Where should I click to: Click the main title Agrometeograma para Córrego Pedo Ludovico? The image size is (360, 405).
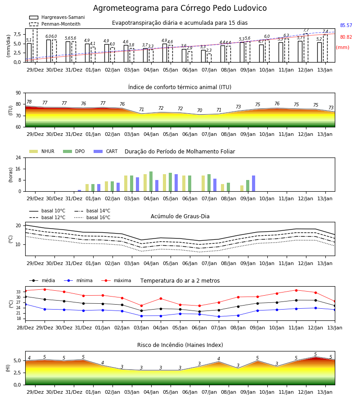pos(180,8)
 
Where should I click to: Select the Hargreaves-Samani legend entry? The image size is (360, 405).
pos(57,17)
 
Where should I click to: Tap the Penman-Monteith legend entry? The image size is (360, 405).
pos(55,24)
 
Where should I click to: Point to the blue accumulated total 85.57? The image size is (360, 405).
pos(346,25)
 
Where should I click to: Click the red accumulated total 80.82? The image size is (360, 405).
pos(346,37)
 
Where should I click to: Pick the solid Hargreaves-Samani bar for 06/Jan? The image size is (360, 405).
pos(184,55)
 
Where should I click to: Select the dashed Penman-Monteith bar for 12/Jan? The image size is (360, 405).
pos(306,48)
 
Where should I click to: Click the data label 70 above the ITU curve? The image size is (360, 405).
pos(200,110)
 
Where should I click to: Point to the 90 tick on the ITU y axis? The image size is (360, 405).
pos(18,93)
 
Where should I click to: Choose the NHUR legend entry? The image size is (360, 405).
pos(42,151)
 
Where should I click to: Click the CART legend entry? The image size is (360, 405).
pos(106,151)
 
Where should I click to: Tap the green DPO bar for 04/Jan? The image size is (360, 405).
pos(151,181)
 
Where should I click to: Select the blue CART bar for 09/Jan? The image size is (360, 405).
pos(254,184)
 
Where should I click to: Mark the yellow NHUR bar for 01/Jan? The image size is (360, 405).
pos(87,188)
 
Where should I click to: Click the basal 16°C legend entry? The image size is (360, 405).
pos(92,217)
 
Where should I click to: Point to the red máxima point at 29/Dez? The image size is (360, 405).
pos(45,289)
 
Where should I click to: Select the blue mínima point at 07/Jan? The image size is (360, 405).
pos(219,316)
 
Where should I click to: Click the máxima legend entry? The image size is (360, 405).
pos(116,280)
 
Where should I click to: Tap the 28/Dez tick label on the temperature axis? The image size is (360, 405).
pos(25,328)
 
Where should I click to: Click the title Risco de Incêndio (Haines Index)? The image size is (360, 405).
pos(180,345)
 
